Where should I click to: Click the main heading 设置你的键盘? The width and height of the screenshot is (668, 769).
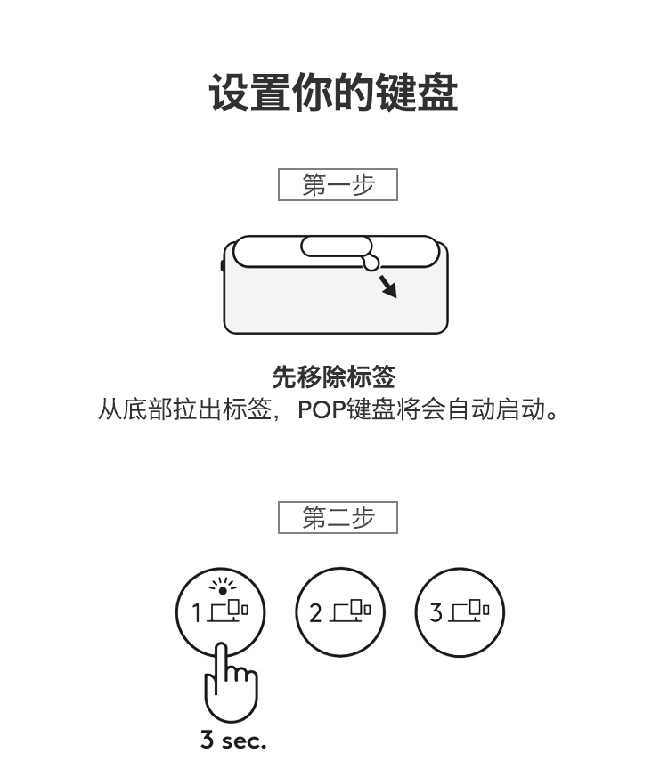click(x=334, y=93)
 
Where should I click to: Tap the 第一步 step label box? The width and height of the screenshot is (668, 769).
click(x=338, y=184)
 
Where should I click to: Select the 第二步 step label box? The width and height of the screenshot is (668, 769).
click(x=338, y=517)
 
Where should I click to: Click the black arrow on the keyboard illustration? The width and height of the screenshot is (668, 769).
click(x=387, y=287)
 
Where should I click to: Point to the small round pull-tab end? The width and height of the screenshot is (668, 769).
click(x=371, y=263)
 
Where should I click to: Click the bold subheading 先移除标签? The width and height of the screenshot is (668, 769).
click(x=334, y=376)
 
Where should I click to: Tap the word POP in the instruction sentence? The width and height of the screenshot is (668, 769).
click(x=322, y=409)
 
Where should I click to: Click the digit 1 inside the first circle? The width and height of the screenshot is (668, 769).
click(x=196, y=613)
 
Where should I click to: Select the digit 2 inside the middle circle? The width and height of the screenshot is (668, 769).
click(x=315, y=613)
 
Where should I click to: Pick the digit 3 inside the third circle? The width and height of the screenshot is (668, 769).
click(x=436, y=612)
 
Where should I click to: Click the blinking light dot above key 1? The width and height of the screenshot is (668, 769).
click(x=223, y=590)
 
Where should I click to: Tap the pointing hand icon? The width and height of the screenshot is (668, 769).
click(x=230, y=682)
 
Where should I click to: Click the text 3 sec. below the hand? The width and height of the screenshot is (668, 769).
click(x=233, y=740)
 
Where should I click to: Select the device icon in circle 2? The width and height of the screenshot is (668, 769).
click(x=350, y=611)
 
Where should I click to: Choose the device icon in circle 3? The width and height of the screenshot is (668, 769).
click(x=469, y=611)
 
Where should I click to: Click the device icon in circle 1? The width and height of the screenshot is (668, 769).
click(x=228, y=611)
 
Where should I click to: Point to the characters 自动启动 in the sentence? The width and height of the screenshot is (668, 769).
click(x=496, y=409)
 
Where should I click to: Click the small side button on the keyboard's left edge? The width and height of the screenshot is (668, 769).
click(x=223, y=266)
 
